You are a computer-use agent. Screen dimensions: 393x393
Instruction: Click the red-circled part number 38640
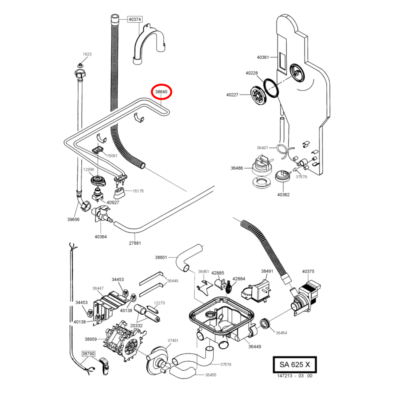pyautogui.click(x=161, y=92)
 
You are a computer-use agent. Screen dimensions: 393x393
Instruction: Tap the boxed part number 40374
pyautogui.click(x=135, y=19)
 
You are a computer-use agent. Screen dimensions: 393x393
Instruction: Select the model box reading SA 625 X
pyautogui.click(x=295, y=364)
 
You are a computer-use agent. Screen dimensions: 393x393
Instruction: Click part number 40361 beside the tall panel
pyautogui.click(x=263, y=57)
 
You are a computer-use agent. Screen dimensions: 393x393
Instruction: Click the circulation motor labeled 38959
pyautogui.click(x=124, y=340)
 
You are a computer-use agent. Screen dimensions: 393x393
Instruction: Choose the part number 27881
pyautogui.click(x=135, y=243)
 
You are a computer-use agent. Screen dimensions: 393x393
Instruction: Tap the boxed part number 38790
pyautogui.click(x=88, y=354)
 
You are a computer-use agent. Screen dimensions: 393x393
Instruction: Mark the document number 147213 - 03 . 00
pyautogui.click(x=295, y=376)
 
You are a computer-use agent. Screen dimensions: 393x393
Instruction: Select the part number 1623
pyautogui.click(x=87, y=54)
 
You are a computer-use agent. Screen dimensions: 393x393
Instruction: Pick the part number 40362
pyautogui.click(x=283, y=195)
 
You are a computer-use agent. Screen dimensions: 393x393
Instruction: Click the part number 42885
pyautogui.click(x=218, y=273)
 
